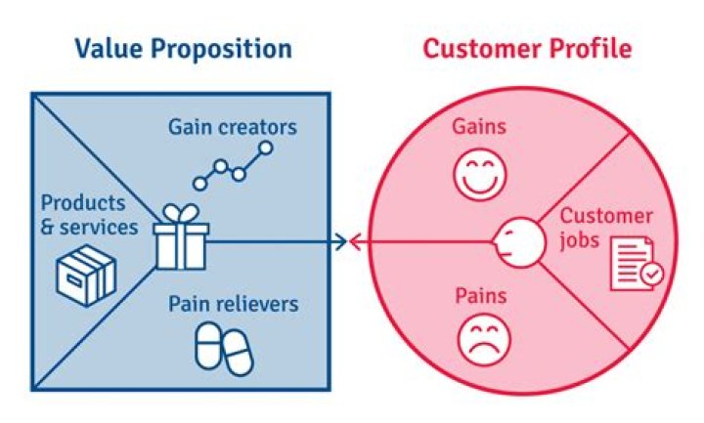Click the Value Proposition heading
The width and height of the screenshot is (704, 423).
tap(183, 48)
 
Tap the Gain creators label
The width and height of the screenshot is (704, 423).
tap(232, 128)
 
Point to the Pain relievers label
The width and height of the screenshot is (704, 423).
tap(232, 305)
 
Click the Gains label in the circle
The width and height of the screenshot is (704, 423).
tap(476, 128)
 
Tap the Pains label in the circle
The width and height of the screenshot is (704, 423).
tap(476, 293)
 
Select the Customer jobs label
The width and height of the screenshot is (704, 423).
tap(605, 228)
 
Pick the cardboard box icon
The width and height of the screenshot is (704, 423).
tap(85, 274)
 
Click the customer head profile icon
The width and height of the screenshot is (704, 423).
tap(518, 239)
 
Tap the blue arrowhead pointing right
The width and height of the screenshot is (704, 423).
tap(340, 240)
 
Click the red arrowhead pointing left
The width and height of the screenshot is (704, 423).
tap(356, 240)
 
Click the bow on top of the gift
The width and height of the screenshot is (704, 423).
tap(182, 212)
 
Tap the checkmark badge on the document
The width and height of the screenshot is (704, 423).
tap(651, 275)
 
